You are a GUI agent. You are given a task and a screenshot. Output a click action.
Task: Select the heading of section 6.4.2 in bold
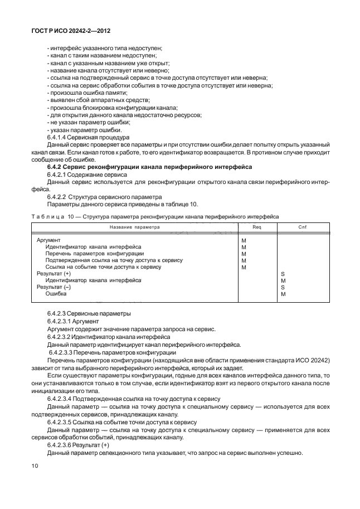(x=150, y=167)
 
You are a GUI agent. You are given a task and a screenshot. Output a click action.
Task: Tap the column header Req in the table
(x=257, y=227)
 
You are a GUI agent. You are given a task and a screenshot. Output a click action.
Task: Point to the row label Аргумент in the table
(x=48, y=240)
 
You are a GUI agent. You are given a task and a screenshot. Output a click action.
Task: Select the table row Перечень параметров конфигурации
(x=94, y=253)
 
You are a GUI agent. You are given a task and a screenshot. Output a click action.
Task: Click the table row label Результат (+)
(x=53, y=274)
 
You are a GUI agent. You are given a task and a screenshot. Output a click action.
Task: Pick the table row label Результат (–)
(x=53, y=287)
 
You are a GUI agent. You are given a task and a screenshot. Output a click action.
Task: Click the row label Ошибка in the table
(x=56, y=294)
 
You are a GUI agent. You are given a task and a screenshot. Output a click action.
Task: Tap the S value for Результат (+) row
(x=283, y=274)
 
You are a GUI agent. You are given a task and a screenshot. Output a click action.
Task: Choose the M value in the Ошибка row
(x=283, y=294)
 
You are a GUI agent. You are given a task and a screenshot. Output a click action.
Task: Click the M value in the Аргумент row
(x=244, y=240)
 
